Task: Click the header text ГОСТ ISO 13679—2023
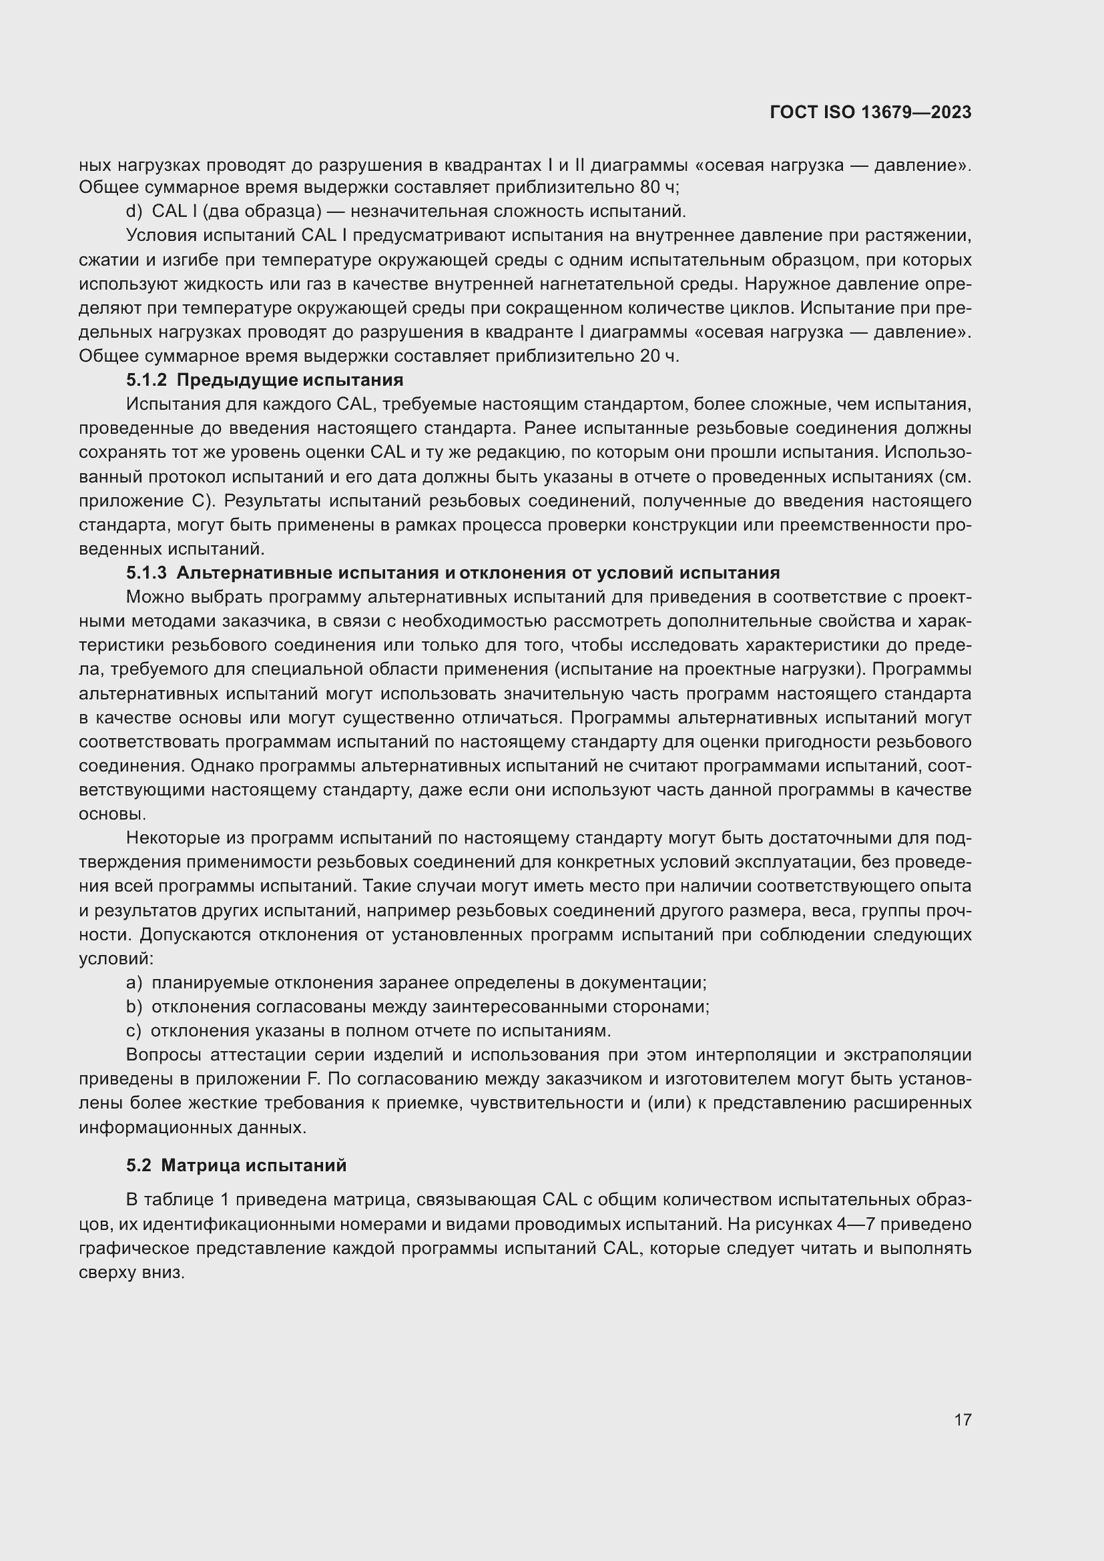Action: point(870,113)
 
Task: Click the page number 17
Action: point(962,1420)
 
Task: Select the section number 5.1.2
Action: point(146,380)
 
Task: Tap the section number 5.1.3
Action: point(146,573)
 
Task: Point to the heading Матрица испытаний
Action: point(254,1165)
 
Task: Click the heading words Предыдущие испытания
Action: point(290,380)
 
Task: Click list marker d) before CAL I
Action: point(134,212)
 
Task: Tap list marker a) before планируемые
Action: point(134,982)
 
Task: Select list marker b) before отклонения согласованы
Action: point(134,1007)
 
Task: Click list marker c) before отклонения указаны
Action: point(134,1030)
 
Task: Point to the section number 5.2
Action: point(139,1165)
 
